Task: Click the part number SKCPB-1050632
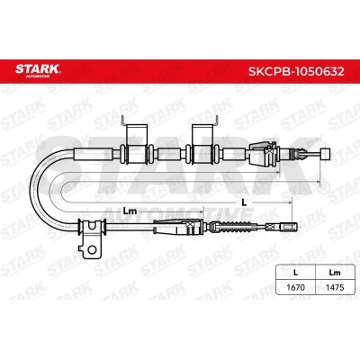tap(296, 71)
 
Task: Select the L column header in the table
tap(295, 273)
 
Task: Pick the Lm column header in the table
tap(335, 273)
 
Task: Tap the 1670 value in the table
tap(295, 287)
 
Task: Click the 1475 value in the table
tap(335, 287)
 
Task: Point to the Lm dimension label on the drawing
tap(130, 211)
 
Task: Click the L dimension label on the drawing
tap(244, 202)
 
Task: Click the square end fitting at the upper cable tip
tap(325, 154)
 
